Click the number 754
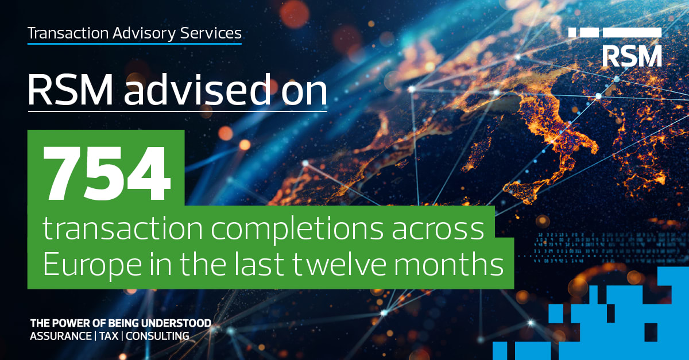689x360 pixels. (107, 173)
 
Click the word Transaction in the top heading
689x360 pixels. (68, 33)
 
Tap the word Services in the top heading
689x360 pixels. (211, 33)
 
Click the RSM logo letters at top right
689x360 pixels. (632, 56)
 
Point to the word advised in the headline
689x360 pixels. (198, 90)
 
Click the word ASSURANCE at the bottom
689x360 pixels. (61, 336)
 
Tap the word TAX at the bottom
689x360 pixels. (109, 336)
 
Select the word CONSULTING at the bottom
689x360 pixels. (157, 336)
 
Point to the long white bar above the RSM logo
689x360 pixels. (632, 33)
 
